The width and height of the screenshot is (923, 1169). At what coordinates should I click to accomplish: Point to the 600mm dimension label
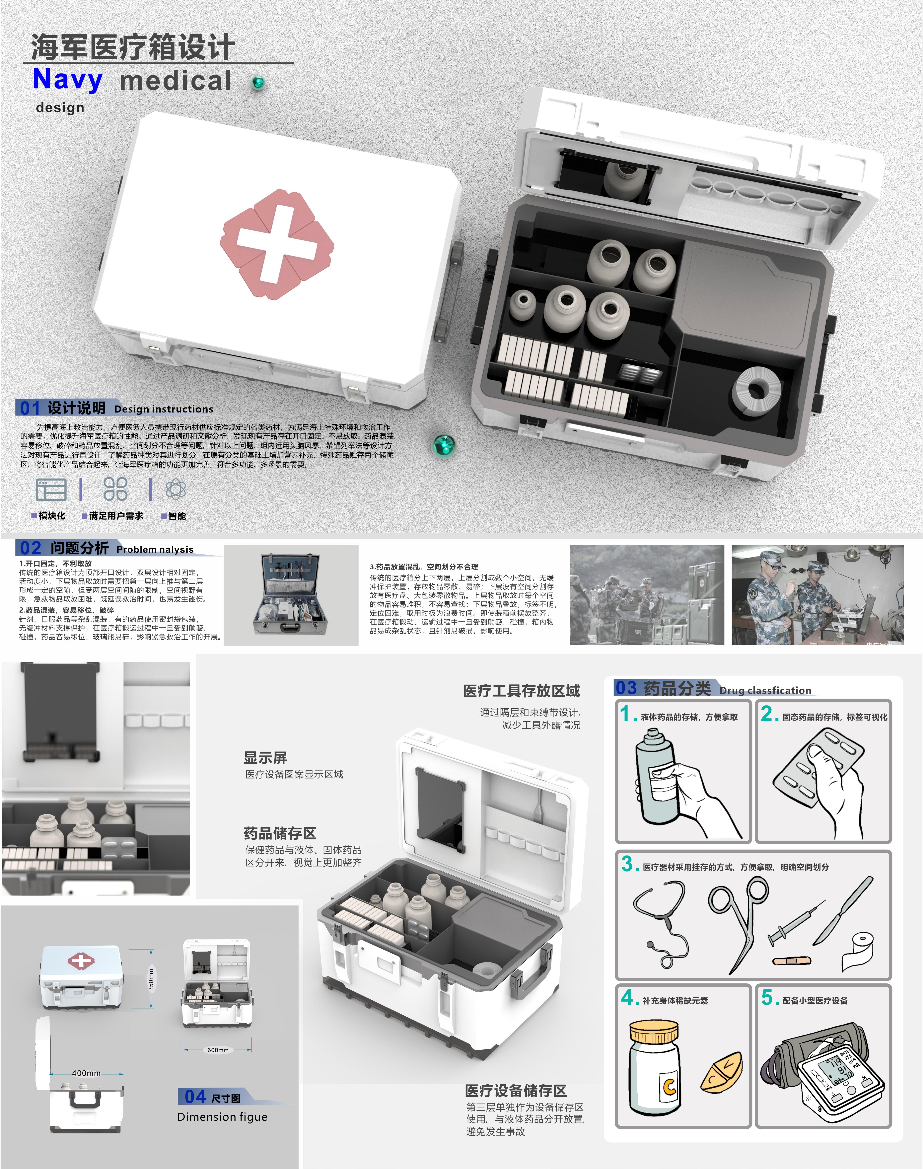pyautogui.click(x=218, y=1050)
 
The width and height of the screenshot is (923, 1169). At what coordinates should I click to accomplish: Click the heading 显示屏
pyautogui.click(x=265, y=758)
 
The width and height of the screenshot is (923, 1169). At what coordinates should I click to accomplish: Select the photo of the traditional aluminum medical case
pyautogui.click(x=291, y=594)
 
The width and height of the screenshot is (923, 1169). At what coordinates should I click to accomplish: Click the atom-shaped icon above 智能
pyautogui.click(x=176, y=490)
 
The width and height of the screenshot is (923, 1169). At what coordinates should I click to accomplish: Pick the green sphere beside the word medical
pyautogui.click(x=258, y=82)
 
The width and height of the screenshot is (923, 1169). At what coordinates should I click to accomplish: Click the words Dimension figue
pyautogui.click(x=222, y=1117)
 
